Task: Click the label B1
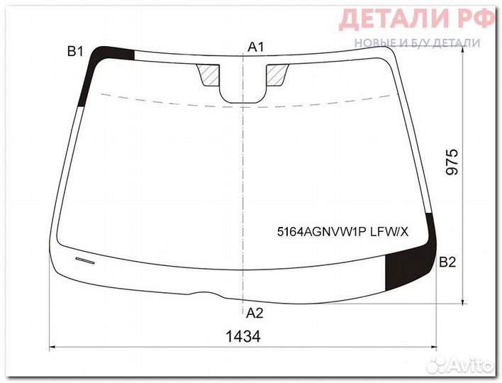pyautogui.click(x=76, y=50)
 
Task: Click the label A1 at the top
pyautogui.click(x=256, y=47)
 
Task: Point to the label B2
pyautogui.click(x=447, y=262)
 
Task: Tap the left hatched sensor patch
pyautogui.click(x=209, y=74)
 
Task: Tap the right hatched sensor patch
pyautogui.click(x=277, y=74)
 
